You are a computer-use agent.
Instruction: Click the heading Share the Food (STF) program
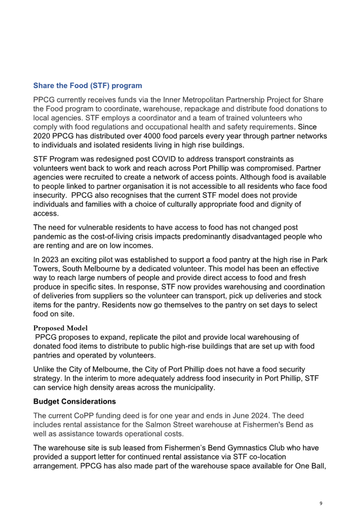point(87,86)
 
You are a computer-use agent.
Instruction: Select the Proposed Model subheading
point(60,328)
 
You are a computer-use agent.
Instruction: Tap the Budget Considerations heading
point(75,401)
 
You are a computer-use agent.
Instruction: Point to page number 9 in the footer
point(321,503)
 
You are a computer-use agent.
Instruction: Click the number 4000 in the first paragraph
point(152,136)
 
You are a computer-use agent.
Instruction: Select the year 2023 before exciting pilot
point(50,260)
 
